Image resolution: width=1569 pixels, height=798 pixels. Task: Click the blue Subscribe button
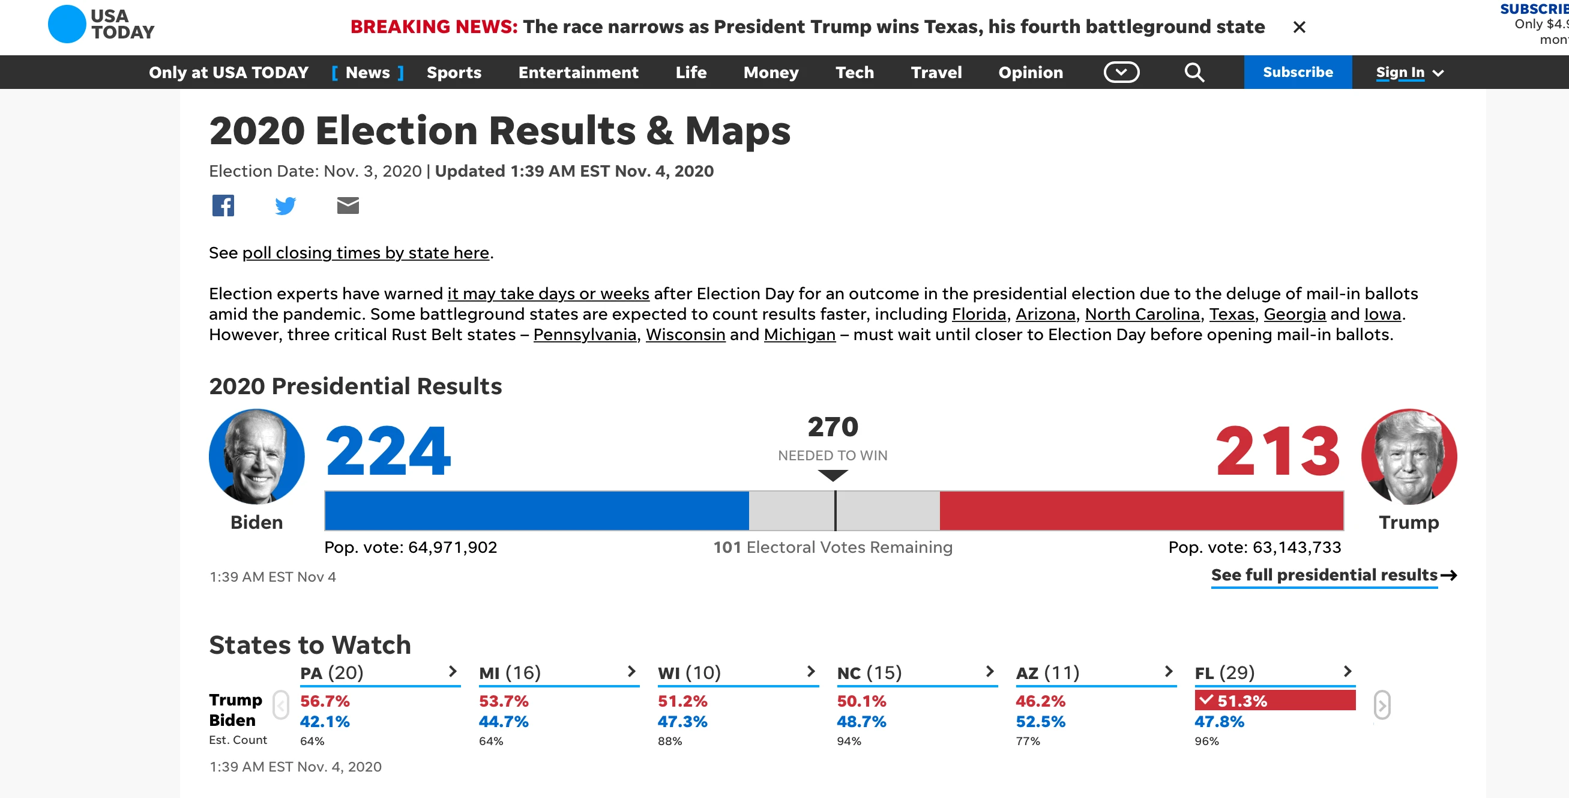coord(1297,72)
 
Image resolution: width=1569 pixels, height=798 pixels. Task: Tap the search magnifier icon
coord(1194,73)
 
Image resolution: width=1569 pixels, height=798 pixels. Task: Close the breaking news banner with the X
coord(1299,27)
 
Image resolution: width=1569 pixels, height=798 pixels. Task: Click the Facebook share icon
coord(223,206)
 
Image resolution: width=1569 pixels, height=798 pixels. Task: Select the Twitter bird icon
coord(285,206)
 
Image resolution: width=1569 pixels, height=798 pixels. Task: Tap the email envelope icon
coord(348,206)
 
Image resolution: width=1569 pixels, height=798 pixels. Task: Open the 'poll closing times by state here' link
coord(366,252)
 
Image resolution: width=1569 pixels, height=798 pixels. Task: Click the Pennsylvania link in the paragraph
coord(585,334)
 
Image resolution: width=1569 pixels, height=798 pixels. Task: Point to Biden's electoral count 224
coord(388,451)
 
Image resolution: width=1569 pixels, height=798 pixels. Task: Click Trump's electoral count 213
coord(1278,451)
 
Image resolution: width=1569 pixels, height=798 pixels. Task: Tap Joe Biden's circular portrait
coord(256,456)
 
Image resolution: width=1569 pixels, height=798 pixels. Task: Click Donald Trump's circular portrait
coord(1409,456)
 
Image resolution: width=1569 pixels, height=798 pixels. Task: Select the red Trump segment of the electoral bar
coord(1142,510)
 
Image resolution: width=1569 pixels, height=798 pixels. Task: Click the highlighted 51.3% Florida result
coord(1275,701)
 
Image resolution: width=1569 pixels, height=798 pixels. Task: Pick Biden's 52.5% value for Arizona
coord(1040,721)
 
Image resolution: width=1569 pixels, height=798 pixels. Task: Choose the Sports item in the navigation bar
coord(454,72)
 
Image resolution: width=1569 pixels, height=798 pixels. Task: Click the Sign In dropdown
coord(1409,73)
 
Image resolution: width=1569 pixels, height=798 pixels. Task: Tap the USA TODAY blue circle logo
coord(67,24)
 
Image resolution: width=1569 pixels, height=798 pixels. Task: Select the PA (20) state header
coord(331,672)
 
